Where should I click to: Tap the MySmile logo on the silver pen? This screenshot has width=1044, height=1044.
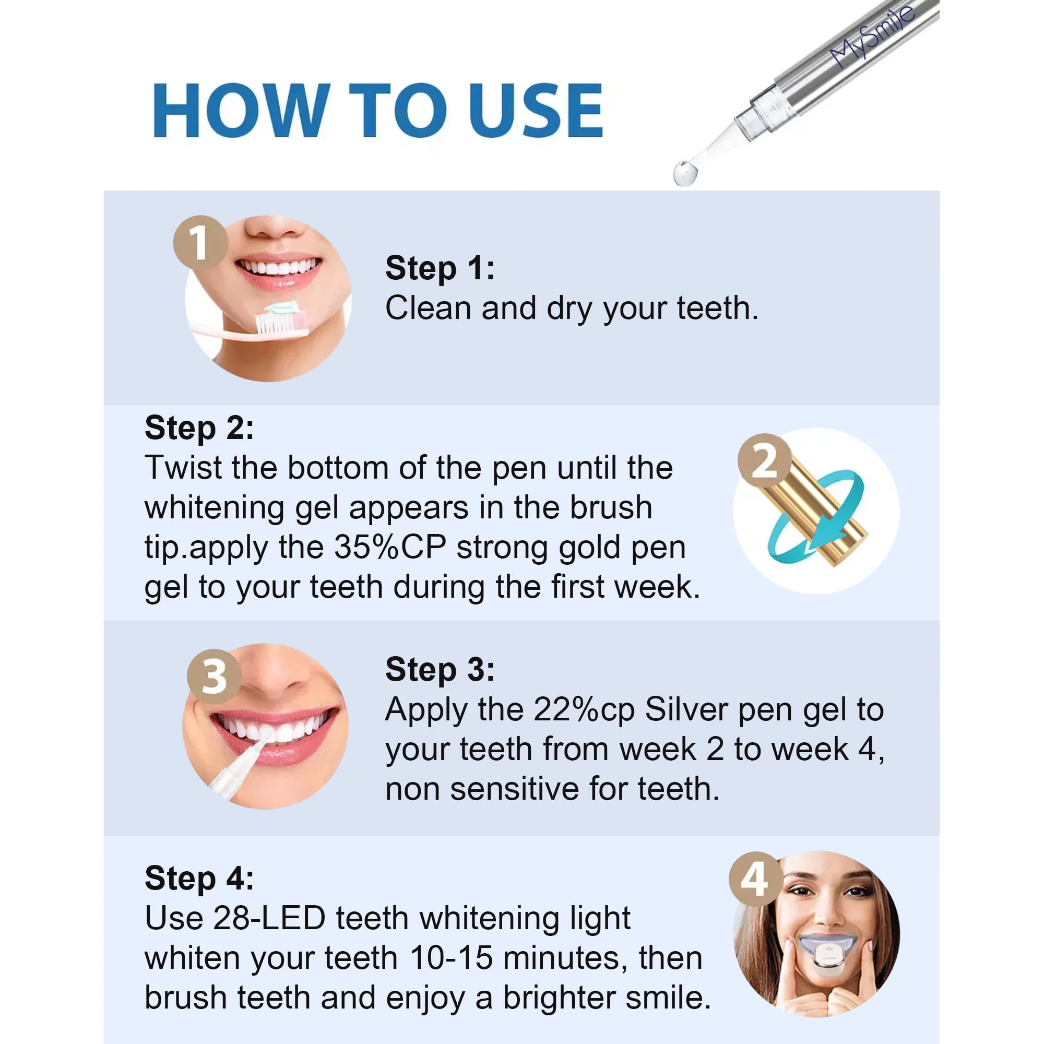pyautogui.click(x=872, y=37)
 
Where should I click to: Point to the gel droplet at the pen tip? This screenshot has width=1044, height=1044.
pyautogui.click(x=685, y=173)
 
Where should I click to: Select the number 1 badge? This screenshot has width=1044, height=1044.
pyautogui.click(x=200, y=243)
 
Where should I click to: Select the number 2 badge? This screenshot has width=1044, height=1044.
pyautogui.click(x=765, y=460)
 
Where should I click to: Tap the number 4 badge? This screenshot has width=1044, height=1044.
pyautogui.click(x=755, y=879)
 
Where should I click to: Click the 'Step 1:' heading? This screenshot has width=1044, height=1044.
pyautogui.click(x=440, y=268)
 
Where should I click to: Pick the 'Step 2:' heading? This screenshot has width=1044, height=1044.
pyautogui.click(x=199, y=428)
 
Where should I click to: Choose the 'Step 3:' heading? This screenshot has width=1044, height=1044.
pyautogui.click(x=440, y=670)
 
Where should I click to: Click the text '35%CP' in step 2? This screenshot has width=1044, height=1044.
pyautogui.click(x=389, y=548)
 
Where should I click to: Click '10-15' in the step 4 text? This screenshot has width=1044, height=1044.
pyautogui.click(x=451, y=958)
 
